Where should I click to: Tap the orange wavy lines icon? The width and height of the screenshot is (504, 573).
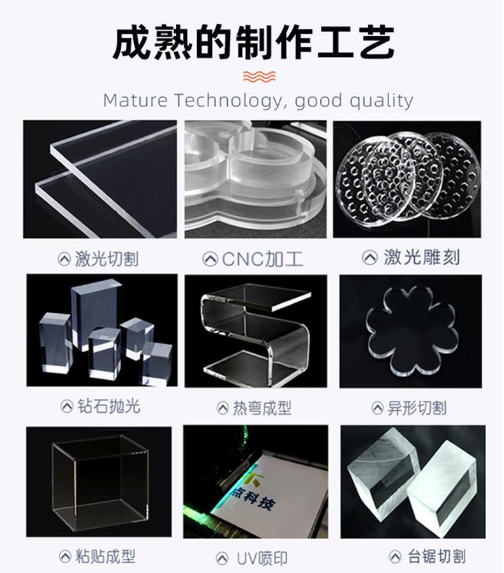pyautogui.click(x=260, y=77)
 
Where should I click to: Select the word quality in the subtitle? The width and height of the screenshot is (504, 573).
pyautogui.click(x=380, y=100)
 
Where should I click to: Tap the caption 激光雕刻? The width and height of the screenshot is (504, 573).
pyautogui.click(x=422, y=258)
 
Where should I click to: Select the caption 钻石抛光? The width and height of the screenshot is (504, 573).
pyautogui.click(x=109, y=406)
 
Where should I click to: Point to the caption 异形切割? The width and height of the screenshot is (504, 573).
pyautogui.click(x=417, y=408)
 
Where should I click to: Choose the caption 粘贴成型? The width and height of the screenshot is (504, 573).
pyautogui.click(x=106, y=556)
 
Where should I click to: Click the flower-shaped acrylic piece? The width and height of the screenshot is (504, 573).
pyautogui.click(x=411, y=332)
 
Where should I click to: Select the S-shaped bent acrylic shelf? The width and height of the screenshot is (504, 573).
pyautogui.click(x=256, y=332)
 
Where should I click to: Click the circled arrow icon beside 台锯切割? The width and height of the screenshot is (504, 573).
pyautogui.click(x=395, y=556)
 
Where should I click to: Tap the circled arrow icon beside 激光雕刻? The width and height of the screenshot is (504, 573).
pyautogui.click(x=369, y=258)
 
